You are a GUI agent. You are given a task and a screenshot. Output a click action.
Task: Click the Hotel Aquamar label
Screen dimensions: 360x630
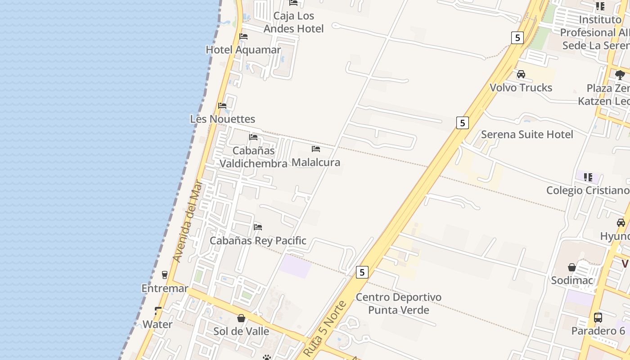(x=243, y=49)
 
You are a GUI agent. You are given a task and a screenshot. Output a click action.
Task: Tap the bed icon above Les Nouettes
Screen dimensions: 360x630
(x=222, y=106)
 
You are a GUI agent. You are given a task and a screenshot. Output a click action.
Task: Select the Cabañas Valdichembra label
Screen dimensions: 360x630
(x=253, y=157)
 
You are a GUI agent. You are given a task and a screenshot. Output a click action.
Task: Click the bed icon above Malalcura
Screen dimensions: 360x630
(x=316, y=148)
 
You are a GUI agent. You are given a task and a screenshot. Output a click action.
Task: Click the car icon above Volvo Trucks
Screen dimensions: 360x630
(x=521, y=74)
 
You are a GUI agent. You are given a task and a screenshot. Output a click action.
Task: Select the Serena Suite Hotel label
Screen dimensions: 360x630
(x=527, y=134)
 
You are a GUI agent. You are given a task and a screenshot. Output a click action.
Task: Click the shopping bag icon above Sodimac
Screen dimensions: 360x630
(x=572, y=267)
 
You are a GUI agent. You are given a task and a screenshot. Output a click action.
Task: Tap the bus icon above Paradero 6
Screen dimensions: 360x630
(x=598, y=318)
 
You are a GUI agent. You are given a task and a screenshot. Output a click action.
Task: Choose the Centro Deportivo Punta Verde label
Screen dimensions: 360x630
(x=399, y=303)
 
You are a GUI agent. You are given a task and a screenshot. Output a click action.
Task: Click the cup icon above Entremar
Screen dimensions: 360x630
(x=165, y=274)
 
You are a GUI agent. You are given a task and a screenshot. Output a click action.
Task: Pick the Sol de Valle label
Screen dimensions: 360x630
(x=241, y=331)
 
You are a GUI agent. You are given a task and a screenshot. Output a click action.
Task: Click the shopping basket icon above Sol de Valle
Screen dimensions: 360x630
(x=241, y=318)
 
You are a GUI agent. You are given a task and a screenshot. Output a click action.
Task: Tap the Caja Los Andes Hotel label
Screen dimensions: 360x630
(x=293, y=22)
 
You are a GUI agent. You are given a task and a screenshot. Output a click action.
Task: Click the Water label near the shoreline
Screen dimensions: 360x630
(x=157, y=324)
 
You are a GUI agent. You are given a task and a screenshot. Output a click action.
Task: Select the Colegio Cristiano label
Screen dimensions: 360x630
(x=587, y=190)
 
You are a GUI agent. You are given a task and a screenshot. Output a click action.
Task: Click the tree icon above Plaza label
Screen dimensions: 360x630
(x=620, y=75)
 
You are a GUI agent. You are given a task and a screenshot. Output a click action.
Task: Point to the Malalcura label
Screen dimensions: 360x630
(x=316, y=162)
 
